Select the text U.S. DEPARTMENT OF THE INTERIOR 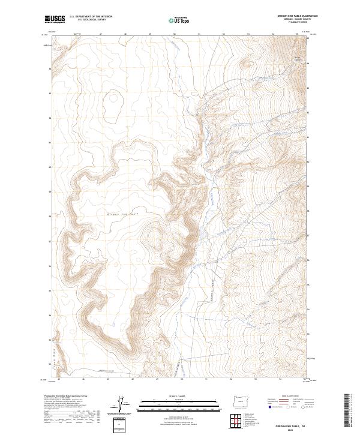91,16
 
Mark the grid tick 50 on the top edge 174,34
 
